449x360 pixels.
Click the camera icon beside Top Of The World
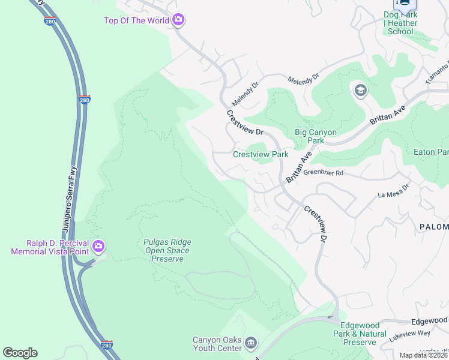point(178,21)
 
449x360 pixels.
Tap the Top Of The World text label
point(136,21)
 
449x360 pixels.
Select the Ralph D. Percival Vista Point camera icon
point(98,247)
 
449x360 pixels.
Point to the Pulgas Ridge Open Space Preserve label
point(167,250)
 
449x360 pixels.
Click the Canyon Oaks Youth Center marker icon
point(251,344)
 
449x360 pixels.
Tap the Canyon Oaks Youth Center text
point(217,344)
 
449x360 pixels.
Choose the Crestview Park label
point(261,154)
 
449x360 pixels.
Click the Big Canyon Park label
point(316,136)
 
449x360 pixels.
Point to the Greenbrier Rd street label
point(323,173)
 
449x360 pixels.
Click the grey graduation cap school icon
point(360,91)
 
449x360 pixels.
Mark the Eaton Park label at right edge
point(431,152)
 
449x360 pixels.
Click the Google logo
point(20,353)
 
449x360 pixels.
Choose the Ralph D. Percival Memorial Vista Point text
point(49,247)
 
